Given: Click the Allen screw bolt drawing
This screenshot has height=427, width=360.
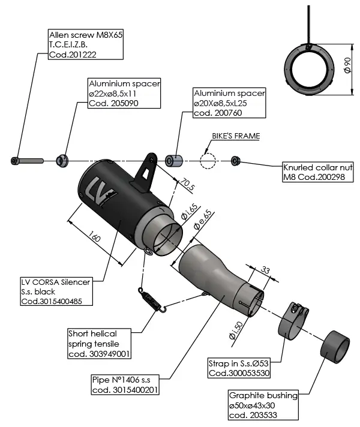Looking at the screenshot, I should [26, 161].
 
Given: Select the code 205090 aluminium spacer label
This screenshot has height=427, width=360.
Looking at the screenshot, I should [124, 93].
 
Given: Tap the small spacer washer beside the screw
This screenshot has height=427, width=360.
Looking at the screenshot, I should [61, 160].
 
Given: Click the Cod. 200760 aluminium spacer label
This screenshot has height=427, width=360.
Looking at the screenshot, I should [229, 103].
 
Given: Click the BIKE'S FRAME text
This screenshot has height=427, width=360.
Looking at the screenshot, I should [236, 136].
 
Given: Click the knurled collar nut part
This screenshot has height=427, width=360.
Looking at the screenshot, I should [235, 160].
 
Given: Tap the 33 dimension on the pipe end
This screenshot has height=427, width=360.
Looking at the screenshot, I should [266, 271].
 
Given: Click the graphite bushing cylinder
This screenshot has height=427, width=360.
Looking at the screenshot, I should [335, 347].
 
